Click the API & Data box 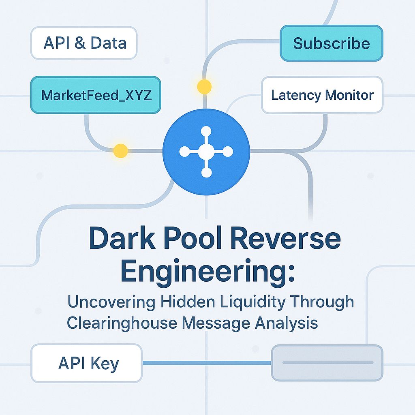coord(84,43)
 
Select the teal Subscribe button coord(331,43)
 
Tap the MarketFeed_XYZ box coord(96,95)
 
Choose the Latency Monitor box coord(322,95)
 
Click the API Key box coord(87,363)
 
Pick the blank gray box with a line coord(327,362)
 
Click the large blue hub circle coord(206,152)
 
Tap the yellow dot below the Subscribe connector coord(204,86)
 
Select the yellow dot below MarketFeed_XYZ coord(120,151)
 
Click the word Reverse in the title coord(282,239)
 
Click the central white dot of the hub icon coord(206,152)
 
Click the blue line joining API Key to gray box coord(207,363)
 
